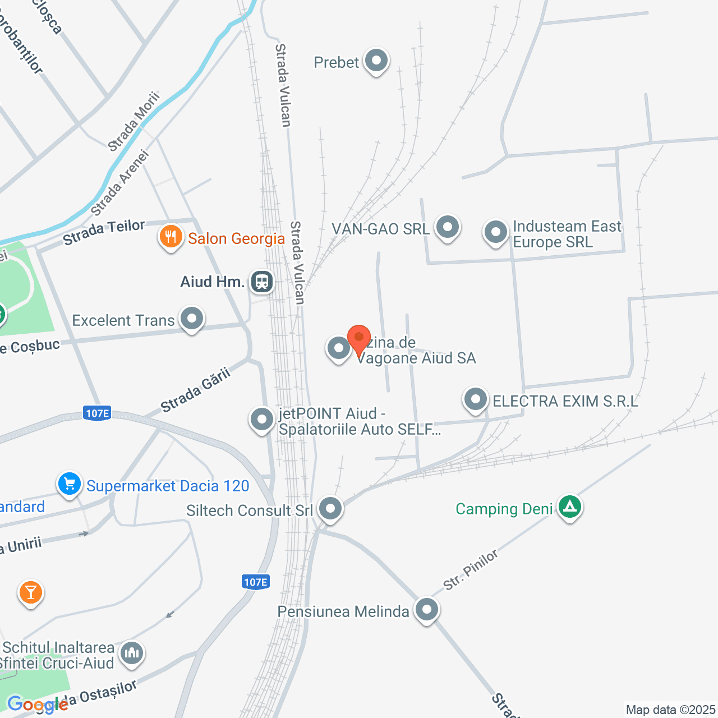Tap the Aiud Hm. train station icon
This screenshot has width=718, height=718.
261,281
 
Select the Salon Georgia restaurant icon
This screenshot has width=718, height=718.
171,237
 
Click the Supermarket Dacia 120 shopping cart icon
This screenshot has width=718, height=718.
70,484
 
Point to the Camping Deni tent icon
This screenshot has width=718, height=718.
570,507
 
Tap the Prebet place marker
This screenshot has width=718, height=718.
376,60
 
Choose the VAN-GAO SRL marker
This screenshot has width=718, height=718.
447,227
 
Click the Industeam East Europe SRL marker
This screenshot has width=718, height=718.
495,232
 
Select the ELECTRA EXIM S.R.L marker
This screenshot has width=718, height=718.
476,400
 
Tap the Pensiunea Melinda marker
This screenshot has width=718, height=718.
427,609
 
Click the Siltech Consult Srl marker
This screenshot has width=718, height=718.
330,509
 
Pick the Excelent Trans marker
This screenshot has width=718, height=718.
192,319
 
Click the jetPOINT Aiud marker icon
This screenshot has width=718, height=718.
261,419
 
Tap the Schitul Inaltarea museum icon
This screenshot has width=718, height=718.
132,653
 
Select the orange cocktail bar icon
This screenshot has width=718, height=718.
31,592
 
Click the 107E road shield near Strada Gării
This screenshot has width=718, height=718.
97,413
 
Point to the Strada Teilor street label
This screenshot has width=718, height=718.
104,232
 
